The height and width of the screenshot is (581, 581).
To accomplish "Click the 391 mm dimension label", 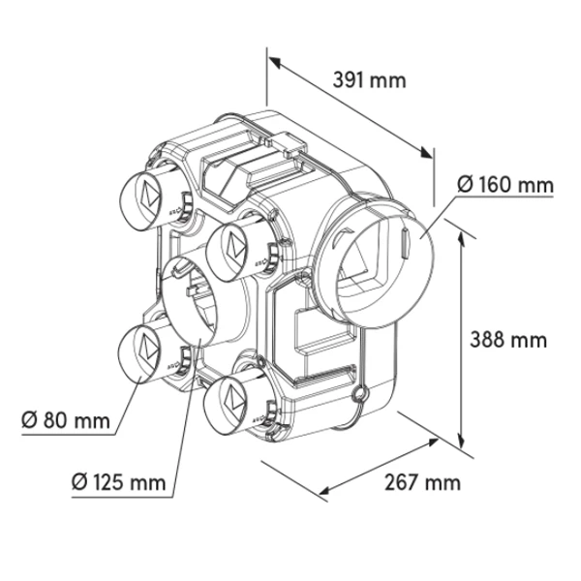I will click(x=370, y=80).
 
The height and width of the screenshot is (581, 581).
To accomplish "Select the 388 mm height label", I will click(x=508, y=340).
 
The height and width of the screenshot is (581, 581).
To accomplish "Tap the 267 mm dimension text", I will click(x=423, y=481).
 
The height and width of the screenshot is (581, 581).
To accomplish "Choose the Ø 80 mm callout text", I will click(x=64, y=419).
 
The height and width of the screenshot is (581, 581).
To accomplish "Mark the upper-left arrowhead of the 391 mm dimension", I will click(x=274, y=62).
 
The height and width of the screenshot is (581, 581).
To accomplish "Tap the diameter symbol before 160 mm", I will click(x=465, y=183).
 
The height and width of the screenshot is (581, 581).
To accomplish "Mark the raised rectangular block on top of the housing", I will click(x=247, y=170).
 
